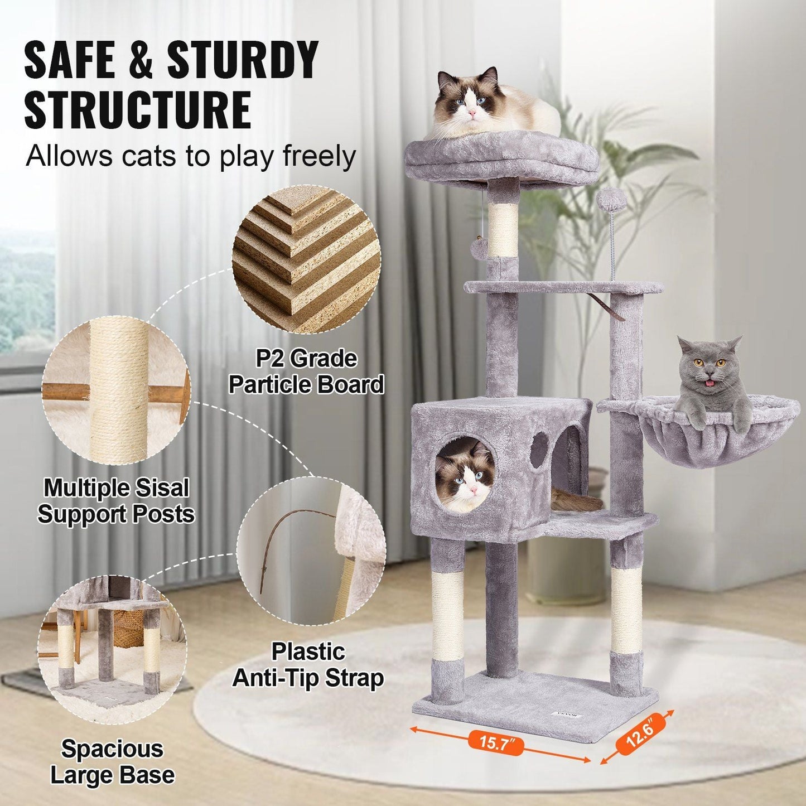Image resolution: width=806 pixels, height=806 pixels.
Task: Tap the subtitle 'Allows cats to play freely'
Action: [190, 157]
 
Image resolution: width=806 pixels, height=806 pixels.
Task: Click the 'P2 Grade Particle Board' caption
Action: [306, 372]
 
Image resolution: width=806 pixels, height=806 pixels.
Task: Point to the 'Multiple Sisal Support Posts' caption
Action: [116, 501]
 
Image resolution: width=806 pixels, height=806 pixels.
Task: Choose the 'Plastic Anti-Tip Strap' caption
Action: [308, 665]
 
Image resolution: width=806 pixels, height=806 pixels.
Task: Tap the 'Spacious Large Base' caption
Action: [112, 762]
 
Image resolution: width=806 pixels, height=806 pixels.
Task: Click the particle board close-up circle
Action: [306, 260]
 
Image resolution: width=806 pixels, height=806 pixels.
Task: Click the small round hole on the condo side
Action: [539, 450]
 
